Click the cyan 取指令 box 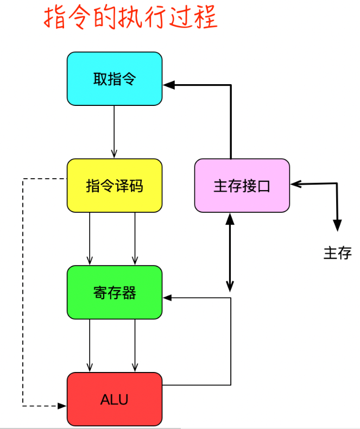pyautogui.click(x=115, y=79)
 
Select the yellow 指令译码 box pyautogui.click(x=115, y=186)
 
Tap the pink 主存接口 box pyautogui.click(x=242, y=186)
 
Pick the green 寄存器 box pyautogui.click(x=115, y=292)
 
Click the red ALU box pyautogui.click(x=115, y=399)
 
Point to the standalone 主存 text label pyautogui.click(x=337, y=253)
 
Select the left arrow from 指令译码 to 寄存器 pyautogui.click(x=90, y=238)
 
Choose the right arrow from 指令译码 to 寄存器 pyautogui.click(x=135, y=238)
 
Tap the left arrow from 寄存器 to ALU pyautogui.click(x=90, y=345)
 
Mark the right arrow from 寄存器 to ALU pyautogui.click(x=135, y=345)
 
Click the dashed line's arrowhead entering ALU pyautogui.click(x=61, y=406)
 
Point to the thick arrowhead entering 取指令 pyautogui.click(x=168, y=85)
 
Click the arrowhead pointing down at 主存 pyautogui.click(x=337, y=226)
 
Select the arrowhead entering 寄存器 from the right pyautogui.click(x=167, y=298)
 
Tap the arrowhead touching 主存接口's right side pyautogui.click(x=294, y=184)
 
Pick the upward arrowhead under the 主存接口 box pyautogui.click(x=230, y=218)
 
